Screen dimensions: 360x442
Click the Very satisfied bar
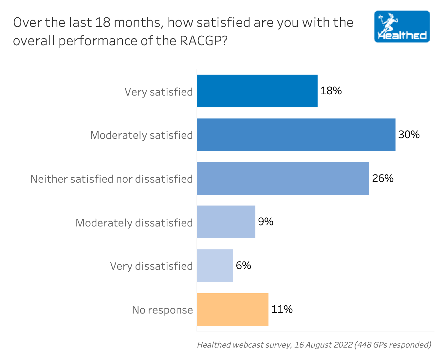pos(257,91)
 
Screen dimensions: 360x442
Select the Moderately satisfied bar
pos(296,135)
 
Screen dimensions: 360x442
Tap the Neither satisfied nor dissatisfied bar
pos(283,179)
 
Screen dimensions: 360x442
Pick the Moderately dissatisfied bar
pos(226,222)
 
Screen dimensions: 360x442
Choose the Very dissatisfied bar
pos(215,266)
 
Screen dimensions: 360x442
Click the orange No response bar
pos(232,310)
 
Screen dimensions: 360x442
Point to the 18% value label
pos(331,91)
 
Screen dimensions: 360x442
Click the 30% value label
pos(409,135)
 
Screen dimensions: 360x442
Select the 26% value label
pos(383,178)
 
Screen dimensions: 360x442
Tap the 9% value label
pos(266,222)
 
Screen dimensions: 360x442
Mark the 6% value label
pos(243,265)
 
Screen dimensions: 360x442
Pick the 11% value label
pos(282,309)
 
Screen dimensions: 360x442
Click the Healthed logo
pos(402,27)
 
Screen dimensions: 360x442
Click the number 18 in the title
pos(102,23)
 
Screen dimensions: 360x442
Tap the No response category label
pos(162,310)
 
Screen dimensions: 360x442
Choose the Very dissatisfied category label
pos(151,266)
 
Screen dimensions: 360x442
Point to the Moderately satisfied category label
pos(141,135)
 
